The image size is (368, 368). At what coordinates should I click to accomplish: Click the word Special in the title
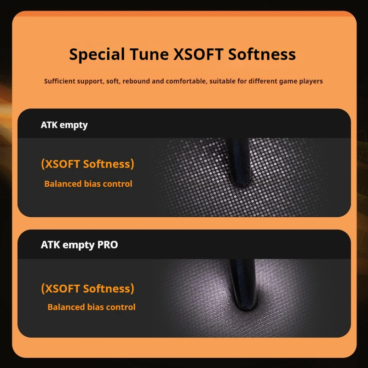(x=97, y=55)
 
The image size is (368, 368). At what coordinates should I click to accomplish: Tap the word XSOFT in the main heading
(x=198, y=54)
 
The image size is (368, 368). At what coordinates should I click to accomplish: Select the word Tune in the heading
(x=149, y=54)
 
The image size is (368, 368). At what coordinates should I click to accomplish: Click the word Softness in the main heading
(x=262, y=54)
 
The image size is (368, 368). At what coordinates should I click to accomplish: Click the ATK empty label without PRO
(x=64, y=125)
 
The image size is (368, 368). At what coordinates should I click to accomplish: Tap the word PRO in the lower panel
(x=108, y=245)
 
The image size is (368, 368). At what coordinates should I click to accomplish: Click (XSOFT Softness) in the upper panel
(x=87, y=164)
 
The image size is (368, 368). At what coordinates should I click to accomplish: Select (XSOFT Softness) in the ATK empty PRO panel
(x=87, y=288)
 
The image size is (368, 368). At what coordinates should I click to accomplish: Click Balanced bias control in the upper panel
(x=88, y=184)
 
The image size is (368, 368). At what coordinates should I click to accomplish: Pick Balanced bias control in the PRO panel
(x=92, y=307)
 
